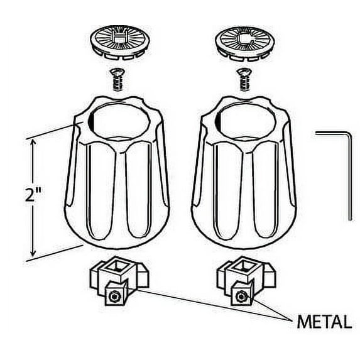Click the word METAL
coord(323,323)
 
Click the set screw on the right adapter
coord(239,295)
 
